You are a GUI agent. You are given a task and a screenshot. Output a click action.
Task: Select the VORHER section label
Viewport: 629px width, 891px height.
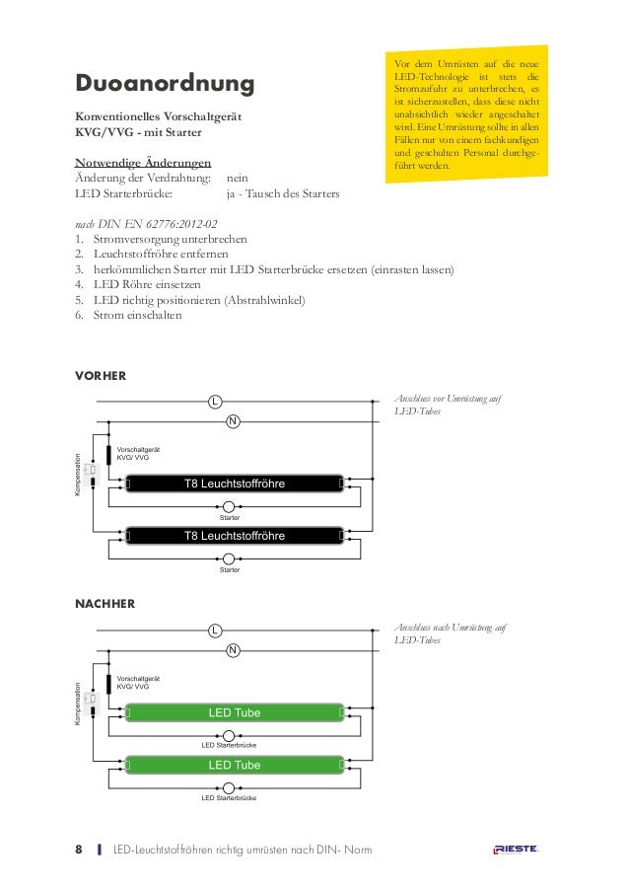[x=101, y=375]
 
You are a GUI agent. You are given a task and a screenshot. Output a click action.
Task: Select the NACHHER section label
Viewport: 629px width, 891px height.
[x=105, y=603]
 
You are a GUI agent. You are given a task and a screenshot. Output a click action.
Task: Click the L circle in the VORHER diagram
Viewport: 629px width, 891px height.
[x=214, y=402]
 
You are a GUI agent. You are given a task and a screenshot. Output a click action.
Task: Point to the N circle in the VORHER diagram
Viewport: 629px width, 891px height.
[x=233, y=422]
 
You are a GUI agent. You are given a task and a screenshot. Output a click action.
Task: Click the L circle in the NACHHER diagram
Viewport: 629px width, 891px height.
[x=214, y=630]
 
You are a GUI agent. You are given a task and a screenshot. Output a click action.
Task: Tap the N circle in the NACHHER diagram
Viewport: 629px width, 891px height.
[x=233, y=650]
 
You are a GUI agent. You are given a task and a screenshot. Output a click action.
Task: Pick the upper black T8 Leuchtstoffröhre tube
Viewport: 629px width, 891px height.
[x=234, y=483]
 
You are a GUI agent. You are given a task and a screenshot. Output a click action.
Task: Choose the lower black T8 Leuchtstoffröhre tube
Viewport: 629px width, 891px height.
[x=234, y=536]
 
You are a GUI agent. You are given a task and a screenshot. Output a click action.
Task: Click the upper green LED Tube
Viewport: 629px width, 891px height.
[x=234, y=711]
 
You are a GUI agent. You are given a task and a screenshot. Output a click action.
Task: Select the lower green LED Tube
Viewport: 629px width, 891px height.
[x=234, y=765]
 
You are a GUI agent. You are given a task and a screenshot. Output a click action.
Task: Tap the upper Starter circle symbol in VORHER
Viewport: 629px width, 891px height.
[x=229, y=506]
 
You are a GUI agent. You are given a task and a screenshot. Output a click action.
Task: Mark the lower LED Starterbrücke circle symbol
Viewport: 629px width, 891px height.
[x=229, y=786]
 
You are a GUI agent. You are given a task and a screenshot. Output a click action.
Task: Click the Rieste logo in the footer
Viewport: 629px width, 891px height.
[x=516, y=850]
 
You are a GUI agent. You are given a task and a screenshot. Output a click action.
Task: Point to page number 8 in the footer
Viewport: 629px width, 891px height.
[x=80, y=850]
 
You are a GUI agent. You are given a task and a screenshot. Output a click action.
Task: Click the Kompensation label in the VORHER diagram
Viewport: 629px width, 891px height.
[x=78, y=472]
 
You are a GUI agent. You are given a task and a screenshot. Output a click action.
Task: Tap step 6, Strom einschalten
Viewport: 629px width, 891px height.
[x=129, y=316]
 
